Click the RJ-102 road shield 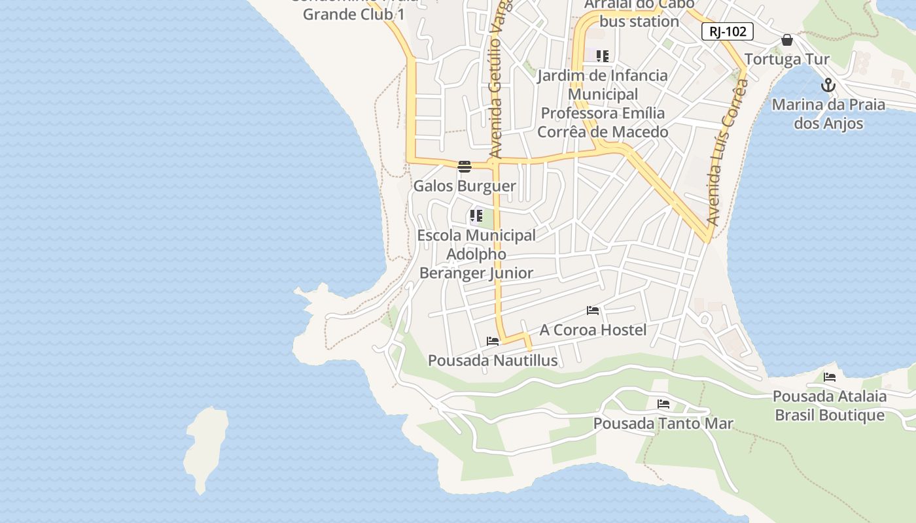click(728, 31)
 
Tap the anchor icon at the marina click(828, 86)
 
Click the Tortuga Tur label click(786, 59)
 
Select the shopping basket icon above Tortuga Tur click(786, 41)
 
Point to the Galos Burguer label click(465, 186)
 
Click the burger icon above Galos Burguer click(465, 167)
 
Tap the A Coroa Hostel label click(593, 329)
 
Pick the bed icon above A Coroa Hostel click(593, 311)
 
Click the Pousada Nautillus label click(493, 360)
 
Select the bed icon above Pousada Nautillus click(493, 341)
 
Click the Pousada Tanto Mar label click(663, 424)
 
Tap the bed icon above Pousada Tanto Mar click(663, 404)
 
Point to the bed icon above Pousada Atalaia click(830, 377)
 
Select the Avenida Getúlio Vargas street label click(498, 82)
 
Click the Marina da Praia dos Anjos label click(828, 114)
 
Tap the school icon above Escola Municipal click(476, 216)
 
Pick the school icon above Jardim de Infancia click(603, 56)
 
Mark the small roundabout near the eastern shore click(705, 320)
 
